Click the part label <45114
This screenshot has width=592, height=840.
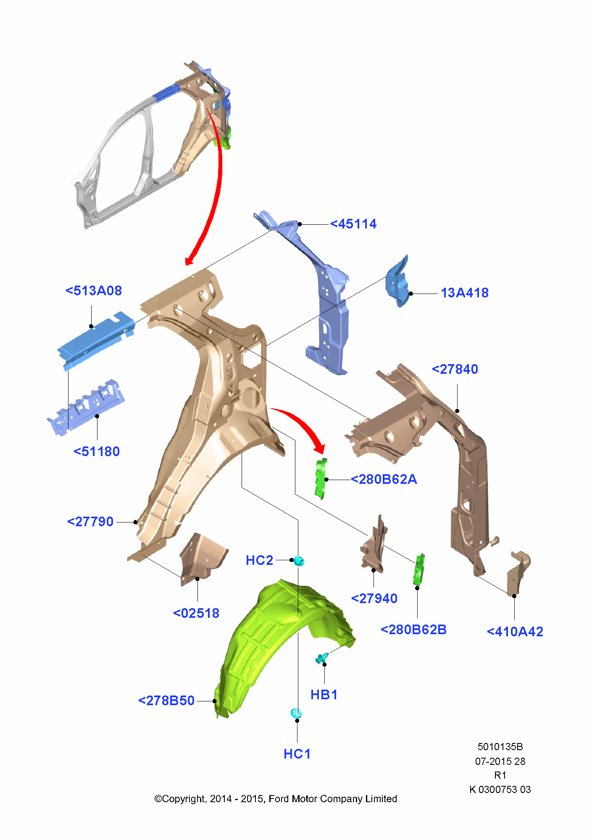353,224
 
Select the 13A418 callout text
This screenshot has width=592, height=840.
465,293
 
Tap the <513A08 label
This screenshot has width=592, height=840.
94,291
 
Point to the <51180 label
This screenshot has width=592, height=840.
97,451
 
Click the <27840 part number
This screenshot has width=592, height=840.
455,369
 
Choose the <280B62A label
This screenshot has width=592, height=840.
384,479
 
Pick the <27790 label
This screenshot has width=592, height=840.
90,522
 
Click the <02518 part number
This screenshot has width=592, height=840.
196,613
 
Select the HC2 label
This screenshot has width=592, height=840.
260,560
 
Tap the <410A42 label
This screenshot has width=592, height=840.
515,632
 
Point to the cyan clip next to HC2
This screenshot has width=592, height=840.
299,561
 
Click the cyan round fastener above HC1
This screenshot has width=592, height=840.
296,713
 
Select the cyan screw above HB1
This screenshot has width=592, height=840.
322,658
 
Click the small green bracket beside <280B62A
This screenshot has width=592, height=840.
321,479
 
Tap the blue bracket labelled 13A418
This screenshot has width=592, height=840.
397,281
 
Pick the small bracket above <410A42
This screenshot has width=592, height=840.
519,574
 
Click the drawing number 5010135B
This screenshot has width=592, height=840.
500,747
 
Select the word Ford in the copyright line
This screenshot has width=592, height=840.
279,799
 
